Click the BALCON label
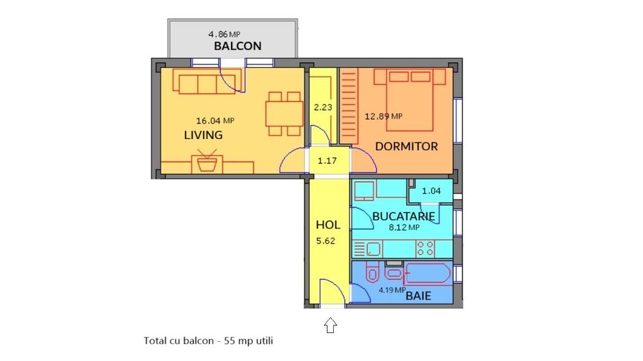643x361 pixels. point(237,47)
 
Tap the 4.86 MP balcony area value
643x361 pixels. point(224,34)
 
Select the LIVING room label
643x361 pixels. point(203,135)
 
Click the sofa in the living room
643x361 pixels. point(208,84)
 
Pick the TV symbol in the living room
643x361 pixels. point(206,163)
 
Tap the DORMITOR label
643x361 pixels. point(407,147)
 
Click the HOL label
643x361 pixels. point(328,225)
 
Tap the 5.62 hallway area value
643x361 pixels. point(327,240)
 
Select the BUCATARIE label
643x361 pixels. point(404,216)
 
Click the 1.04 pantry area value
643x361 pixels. point(430,191)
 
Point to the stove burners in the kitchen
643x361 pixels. point(426,247)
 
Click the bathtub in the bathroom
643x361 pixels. point(426,275)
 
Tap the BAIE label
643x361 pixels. point(418,297)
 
